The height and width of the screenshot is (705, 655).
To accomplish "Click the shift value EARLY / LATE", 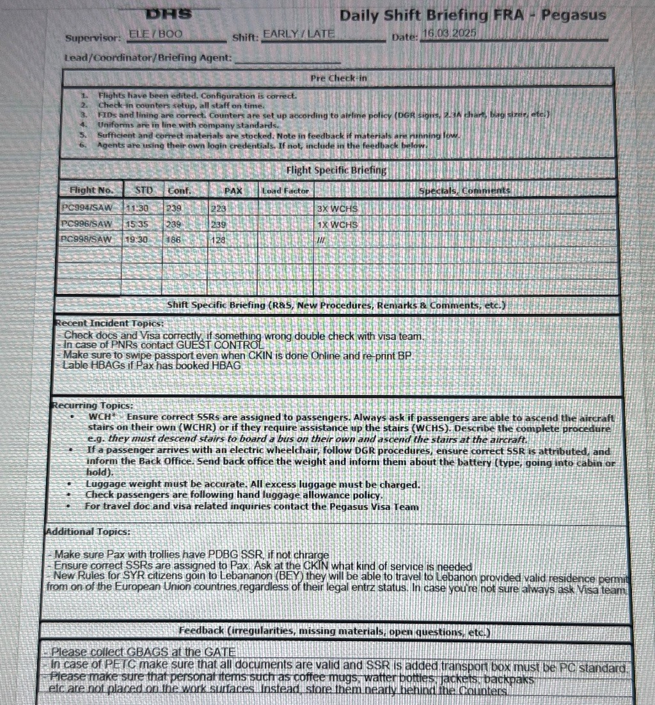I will pos(299,34).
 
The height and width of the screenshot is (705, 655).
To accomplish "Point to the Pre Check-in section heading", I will pos(338,78).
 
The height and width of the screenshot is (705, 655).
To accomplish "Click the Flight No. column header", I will pos(91,190).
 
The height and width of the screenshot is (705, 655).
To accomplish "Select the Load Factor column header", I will pos(285,190).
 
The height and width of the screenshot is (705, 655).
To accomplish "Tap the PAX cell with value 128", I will pos(219,240).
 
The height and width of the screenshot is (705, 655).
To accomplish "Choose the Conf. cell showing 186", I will pos(173,240).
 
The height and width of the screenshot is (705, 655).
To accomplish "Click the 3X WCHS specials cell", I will pos(337,209).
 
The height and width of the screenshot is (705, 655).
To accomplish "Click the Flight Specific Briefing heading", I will pos(336,170).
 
